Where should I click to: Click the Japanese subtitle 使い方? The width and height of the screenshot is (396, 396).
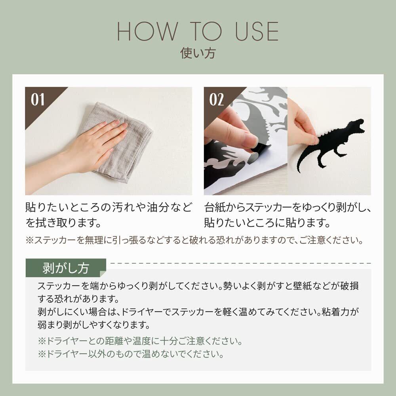pyautogui.click(x=198, y=53)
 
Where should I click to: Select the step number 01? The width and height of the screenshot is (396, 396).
pyautogui.click(x=38, y=99)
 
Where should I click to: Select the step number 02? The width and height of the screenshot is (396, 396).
pyautogui.click(x=217, y=99)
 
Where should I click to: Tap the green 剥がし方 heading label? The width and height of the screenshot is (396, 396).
pyautogui.click(x=66, y=268)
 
